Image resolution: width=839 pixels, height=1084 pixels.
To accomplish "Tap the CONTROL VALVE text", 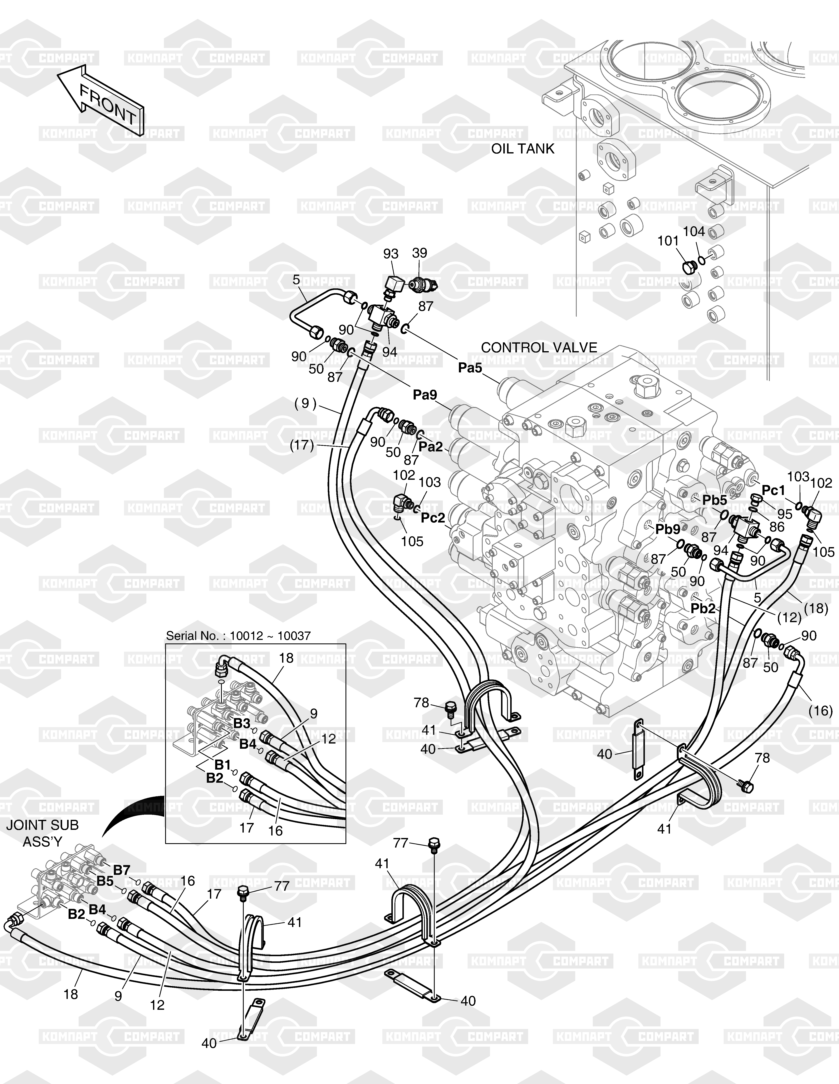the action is [539, 347].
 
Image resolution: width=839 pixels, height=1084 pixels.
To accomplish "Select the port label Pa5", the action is [470, 368].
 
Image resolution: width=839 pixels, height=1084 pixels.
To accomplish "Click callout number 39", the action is [419, 253].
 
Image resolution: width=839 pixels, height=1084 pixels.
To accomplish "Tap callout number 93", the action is [391, 254].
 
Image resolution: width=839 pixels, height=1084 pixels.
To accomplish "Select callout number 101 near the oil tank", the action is [668, 241].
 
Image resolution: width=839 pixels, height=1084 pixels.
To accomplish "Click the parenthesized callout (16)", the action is [820, 711].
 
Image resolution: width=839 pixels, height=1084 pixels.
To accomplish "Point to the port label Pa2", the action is [430, 447].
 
